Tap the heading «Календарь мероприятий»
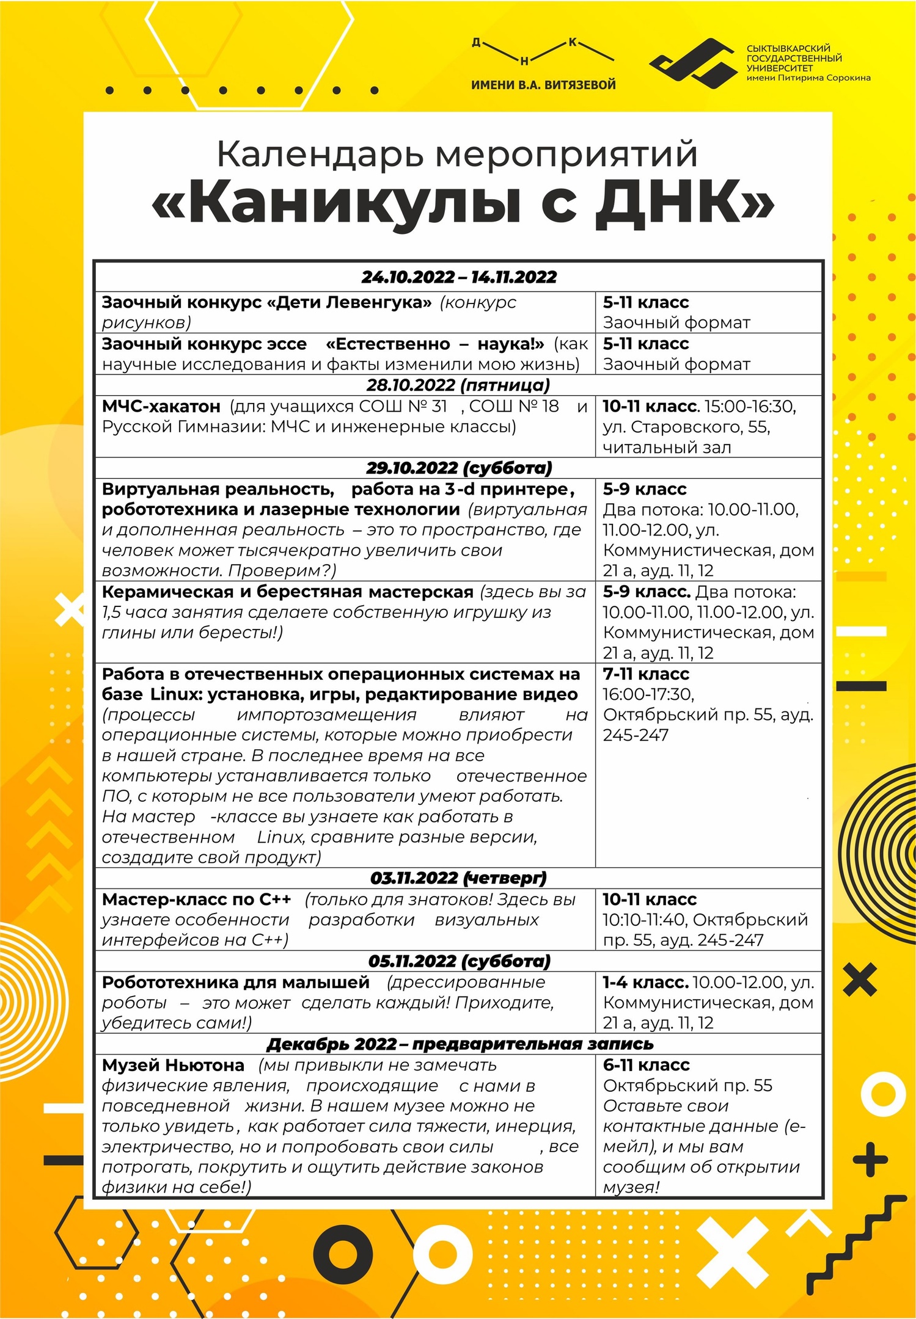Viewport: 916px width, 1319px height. (x=457, y=154)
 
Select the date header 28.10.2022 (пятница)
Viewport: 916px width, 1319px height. (x=458, y=385)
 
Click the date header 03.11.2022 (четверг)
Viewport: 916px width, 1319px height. (x=458, y=878)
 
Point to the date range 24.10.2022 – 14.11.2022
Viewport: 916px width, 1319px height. (x=459, y=277)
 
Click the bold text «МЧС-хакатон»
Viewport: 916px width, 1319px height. (x=161, y=407)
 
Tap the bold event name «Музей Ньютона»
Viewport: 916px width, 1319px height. (x=173, y=1066)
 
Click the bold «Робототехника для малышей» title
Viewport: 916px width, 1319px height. (x=236, y=983)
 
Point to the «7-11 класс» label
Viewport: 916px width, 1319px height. (x=646, y=674)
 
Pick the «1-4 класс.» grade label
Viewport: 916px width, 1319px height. (x=645, y=983)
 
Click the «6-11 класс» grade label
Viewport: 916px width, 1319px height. (x=646, y=1065)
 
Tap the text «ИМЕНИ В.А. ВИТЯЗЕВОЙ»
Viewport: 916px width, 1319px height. (x=543, y=85)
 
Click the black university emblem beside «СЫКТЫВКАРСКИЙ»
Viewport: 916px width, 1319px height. (x=693, y=60)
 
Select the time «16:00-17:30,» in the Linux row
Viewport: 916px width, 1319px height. (x=648, y=694)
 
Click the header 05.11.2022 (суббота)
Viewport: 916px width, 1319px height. (x=459, y=961)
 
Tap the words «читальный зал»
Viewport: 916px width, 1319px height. (x=667, y=448)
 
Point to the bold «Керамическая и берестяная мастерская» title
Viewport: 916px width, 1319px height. (x=287, y=592)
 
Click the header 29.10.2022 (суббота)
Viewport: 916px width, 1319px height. (x=459, y=468)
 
